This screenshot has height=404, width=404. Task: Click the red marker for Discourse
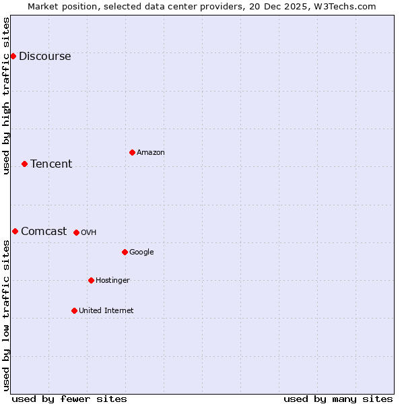13,56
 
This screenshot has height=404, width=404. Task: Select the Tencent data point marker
24,164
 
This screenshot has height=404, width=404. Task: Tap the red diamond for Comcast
15,231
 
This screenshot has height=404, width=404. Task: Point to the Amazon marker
132,152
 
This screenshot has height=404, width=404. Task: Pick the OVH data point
76,232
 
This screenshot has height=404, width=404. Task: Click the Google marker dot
125,252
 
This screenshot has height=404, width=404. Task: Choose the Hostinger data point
91,280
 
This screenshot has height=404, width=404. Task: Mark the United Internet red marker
74,310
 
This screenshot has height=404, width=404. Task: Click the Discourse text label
45,57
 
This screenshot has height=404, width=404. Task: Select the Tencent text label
51,164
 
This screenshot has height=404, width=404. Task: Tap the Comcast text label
44,232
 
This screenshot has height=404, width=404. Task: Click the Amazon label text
151,153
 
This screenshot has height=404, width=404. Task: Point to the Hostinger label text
112,281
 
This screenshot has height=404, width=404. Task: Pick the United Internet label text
106,311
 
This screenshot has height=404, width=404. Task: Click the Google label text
141,252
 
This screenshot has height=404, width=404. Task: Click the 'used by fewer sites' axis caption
69,399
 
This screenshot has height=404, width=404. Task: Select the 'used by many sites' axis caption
338,399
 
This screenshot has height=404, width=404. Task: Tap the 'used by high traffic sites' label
6,96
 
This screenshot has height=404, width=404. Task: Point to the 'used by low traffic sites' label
6,315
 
